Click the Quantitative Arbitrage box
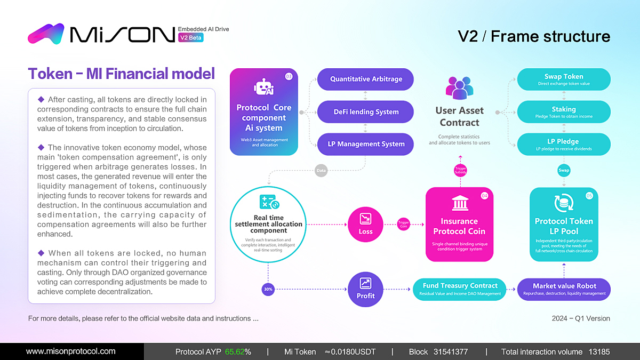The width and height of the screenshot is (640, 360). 365,79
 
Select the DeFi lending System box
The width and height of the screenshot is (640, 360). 365,112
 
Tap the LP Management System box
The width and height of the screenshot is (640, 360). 365,144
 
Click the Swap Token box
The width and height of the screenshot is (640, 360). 564,79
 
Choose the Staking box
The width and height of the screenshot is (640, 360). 564,112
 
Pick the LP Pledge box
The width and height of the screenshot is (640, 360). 564,145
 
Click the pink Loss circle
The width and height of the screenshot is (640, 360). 366,224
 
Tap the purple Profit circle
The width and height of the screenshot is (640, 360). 366,289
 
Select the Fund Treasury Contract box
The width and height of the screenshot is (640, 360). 460,289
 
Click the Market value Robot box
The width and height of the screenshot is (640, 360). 564,289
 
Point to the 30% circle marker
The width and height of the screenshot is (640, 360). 268,289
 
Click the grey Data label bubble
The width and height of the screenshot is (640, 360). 321,171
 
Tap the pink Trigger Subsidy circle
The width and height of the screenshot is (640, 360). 460,170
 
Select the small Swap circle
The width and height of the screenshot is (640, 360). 564,170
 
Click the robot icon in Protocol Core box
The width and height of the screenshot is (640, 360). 264,88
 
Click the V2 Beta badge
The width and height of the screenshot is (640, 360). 190,38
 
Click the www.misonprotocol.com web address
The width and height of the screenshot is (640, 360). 71,351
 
